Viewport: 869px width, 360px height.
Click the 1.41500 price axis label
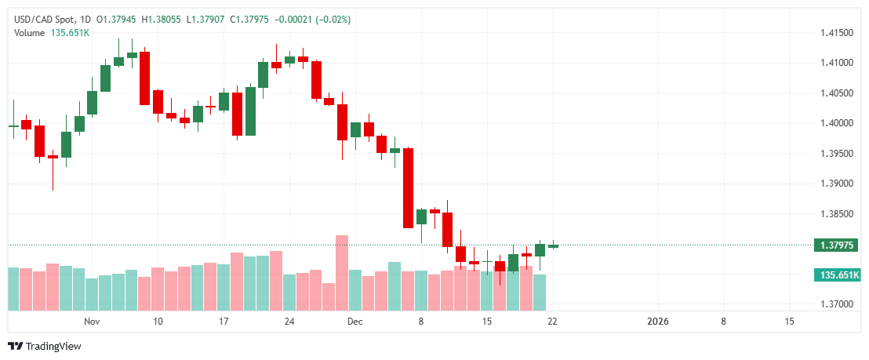pyautogui.click(x=836, y=33)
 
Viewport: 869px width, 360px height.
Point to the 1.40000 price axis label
pyautogui.click(x=836, y=123)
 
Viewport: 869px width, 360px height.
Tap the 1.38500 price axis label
pyautogui.click(x=836, y=213)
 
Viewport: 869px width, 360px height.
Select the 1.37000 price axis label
pyautogui.click(x=836, y=304)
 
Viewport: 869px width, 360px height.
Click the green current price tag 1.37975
pyautogui.click(x=836, y=245)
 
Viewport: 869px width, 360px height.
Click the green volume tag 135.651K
pyautogui.click(x=836, y=275)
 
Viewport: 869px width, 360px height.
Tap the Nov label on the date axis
pyautogui.click(x=92, y=322)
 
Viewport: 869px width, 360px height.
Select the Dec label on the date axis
pyautogui.click(x=355, y=322)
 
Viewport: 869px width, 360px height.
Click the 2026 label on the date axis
pyautogui.click(x=657, y=322)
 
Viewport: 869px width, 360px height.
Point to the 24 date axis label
pyautogui.click(x=289, y=322)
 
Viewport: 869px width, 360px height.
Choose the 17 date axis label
pyautogui.click(x=224, y=322)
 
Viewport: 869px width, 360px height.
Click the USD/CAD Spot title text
pyautogui.click(x=44, y=19)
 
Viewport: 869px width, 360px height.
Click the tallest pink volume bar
pyautogui.click(x=341, y=271)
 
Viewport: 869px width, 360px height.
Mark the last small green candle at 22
pyautogui.click(x=553, y=245)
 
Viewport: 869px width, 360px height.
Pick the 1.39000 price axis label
pyautogui.click(x=836, y=184)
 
